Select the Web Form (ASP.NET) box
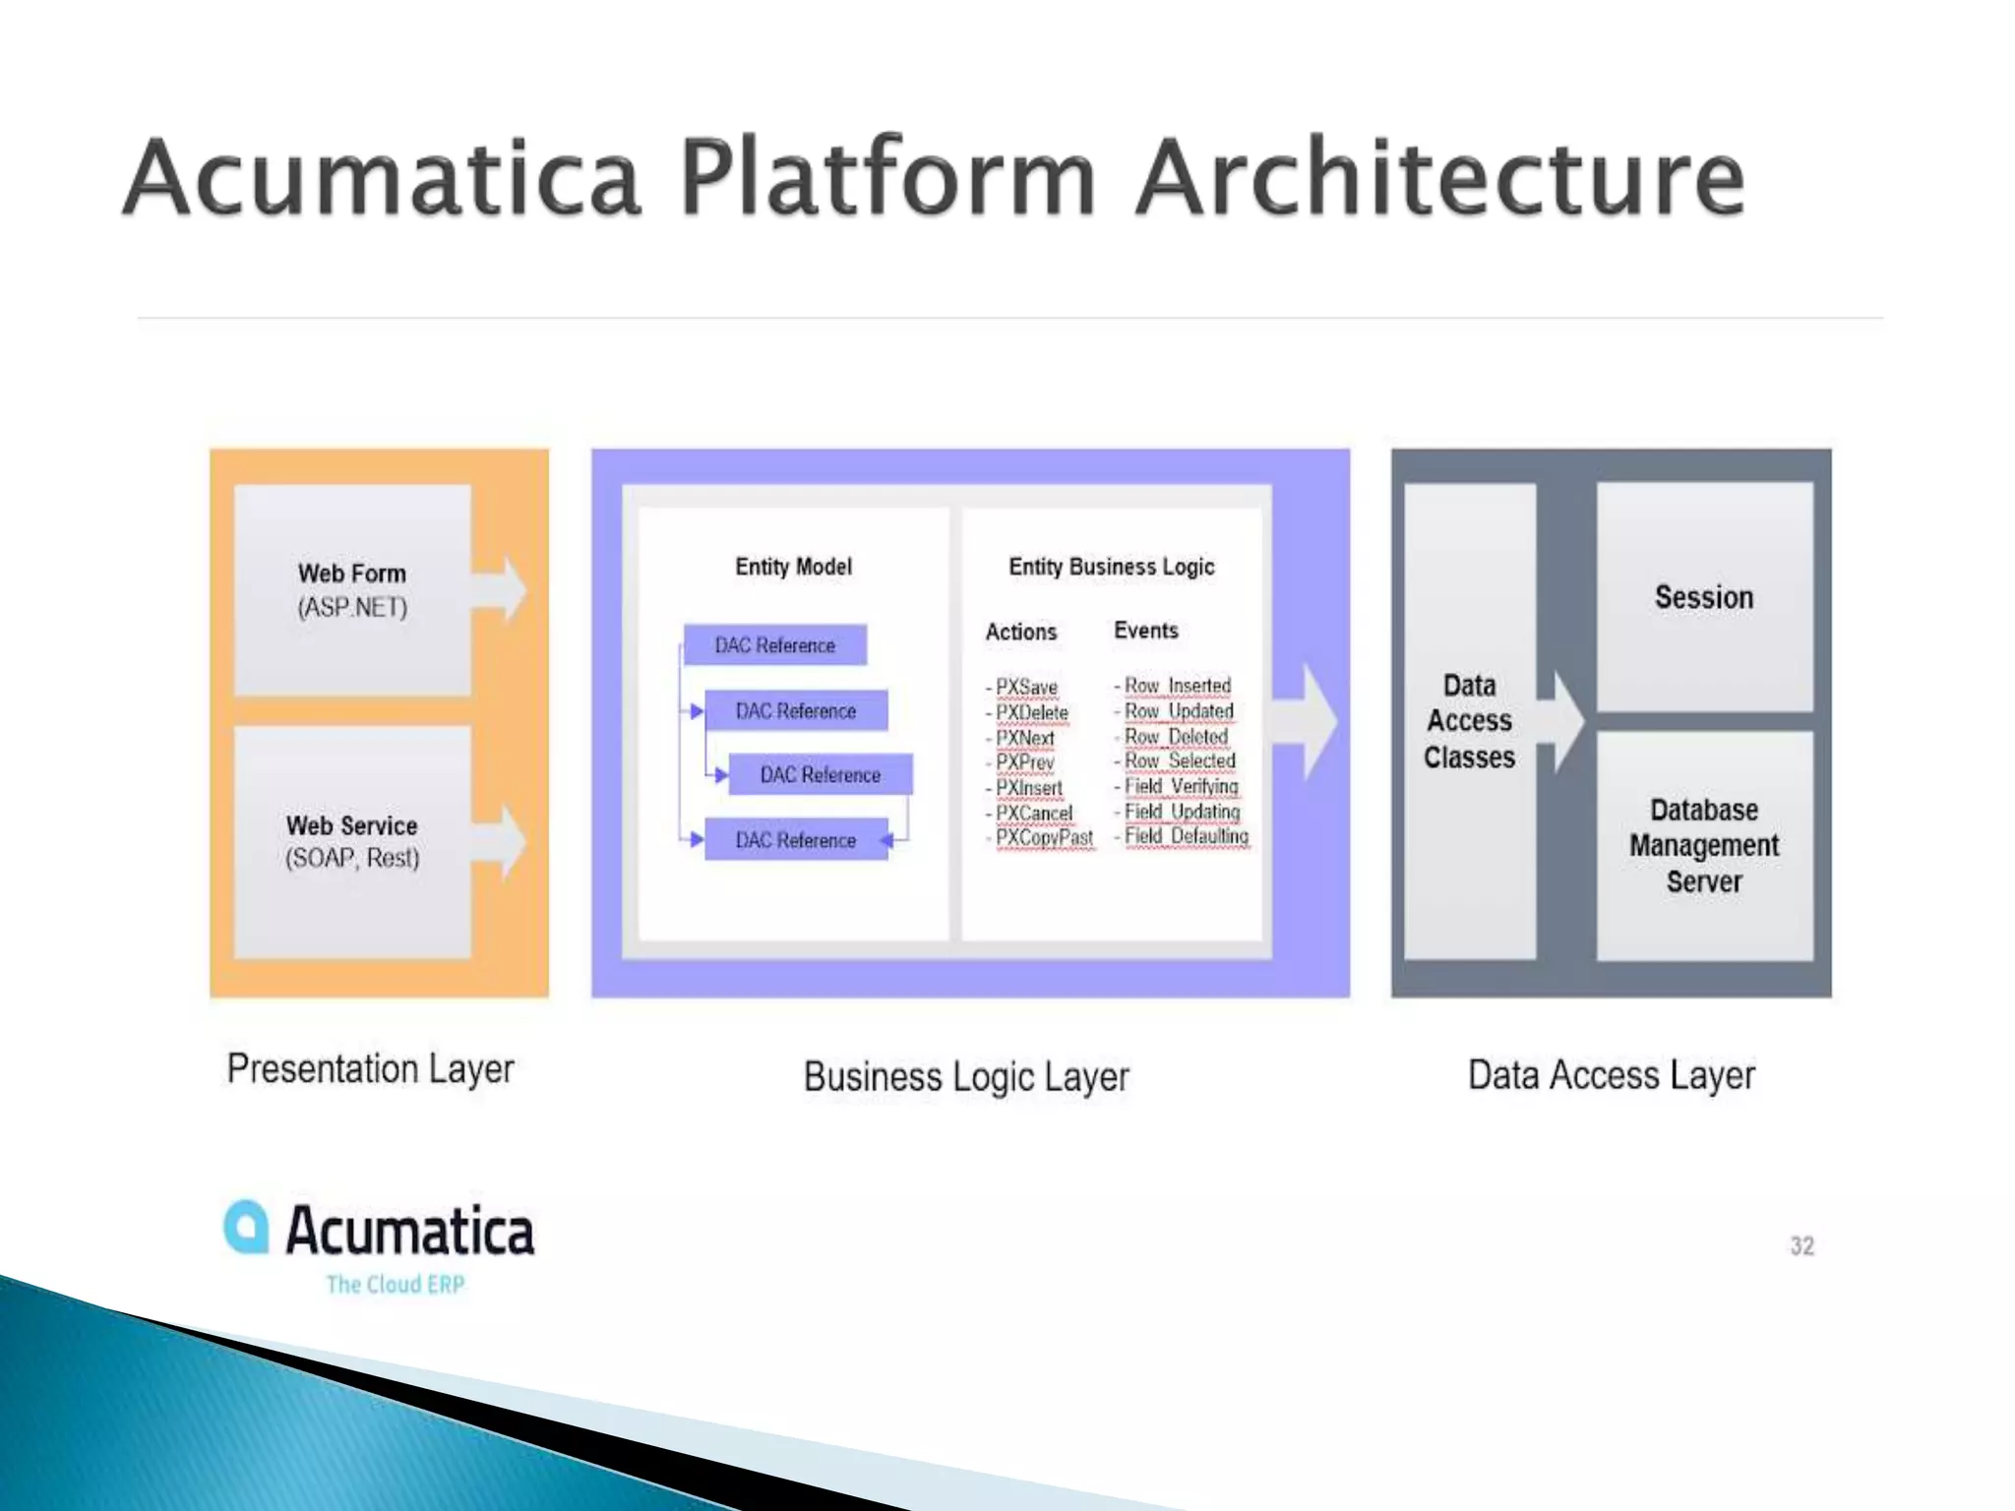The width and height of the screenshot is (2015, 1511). (352, 590)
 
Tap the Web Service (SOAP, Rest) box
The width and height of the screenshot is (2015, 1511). (352, 842)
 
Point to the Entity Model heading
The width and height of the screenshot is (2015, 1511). (793, 567)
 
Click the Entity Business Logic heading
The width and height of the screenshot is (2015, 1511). (1111, 567)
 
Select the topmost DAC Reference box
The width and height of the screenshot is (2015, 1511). (775, 645)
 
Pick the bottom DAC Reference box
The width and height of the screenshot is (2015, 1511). (796, 840)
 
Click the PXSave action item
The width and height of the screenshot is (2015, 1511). (1025, 687)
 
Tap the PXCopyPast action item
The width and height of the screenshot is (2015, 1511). (1043, 837)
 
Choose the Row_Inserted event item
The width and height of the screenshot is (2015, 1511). (1177, 685)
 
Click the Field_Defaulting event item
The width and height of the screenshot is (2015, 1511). (1186, 836)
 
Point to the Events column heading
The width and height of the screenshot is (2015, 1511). (1145, 631)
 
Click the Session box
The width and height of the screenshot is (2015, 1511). (1704, 597)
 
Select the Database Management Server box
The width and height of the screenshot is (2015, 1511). (1704, 846)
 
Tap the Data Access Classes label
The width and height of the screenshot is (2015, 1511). (1469, 721)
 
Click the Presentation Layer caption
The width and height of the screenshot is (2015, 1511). (370, 1069)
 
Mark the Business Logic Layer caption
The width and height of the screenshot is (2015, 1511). (966, 1077)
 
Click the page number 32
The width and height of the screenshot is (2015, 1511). (1801, 1246)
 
